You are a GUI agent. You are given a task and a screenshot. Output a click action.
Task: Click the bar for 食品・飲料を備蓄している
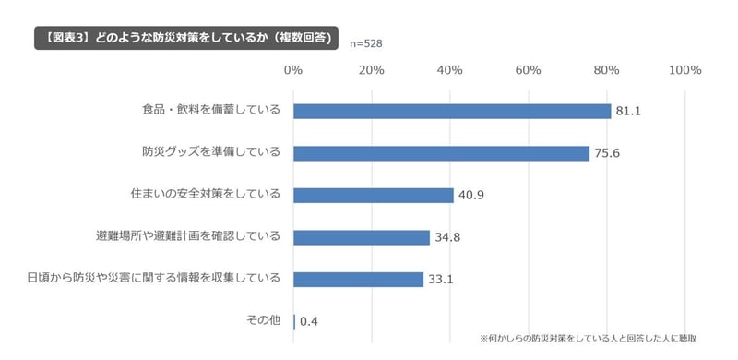452,111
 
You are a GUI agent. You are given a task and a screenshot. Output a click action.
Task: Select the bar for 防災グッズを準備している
441,153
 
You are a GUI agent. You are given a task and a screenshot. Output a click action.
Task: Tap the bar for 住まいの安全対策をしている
374,196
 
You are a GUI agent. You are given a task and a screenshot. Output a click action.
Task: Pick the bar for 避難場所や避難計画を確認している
362,237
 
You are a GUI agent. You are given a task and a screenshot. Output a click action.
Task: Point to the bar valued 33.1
358,279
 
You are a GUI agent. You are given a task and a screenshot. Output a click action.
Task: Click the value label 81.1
628,112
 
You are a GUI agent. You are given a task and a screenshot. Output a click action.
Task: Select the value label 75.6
606,154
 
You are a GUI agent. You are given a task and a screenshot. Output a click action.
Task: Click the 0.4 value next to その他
308,322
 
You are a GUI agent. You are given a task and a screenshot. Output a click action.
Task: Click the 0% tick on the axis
293,70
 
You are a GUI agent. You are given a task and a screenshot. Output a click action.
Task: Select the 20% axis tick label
372,70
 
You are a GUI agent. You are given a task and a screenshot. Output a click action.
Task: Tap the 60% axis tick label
529,70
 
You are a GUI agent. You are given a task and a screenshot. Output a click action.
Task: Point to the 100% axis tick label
685,70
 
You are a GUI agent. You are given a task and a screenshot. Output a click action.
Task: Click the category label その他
264,321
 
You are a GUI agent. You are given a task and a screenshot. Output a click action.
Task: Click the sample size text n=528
366,43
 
